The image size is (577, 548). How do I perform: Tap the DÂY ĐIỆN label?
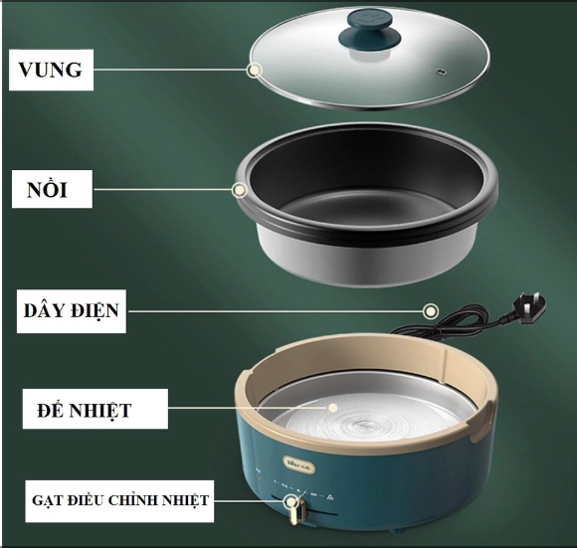point(72,311)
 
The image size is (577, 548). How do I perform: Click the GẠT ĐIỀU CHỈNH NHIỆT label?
point(118,500)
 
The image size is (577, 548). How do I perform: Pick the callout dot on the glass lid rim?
point(255,70)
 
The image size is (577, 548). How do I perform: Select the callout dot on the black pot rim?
point(240,189)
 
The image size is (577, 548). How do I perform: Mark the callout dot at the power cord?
point(430,311)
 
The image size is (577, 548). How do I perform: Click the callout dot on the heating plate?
point(327,409)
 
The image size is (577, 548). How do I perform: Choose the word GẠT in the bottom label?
point(46,500)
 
